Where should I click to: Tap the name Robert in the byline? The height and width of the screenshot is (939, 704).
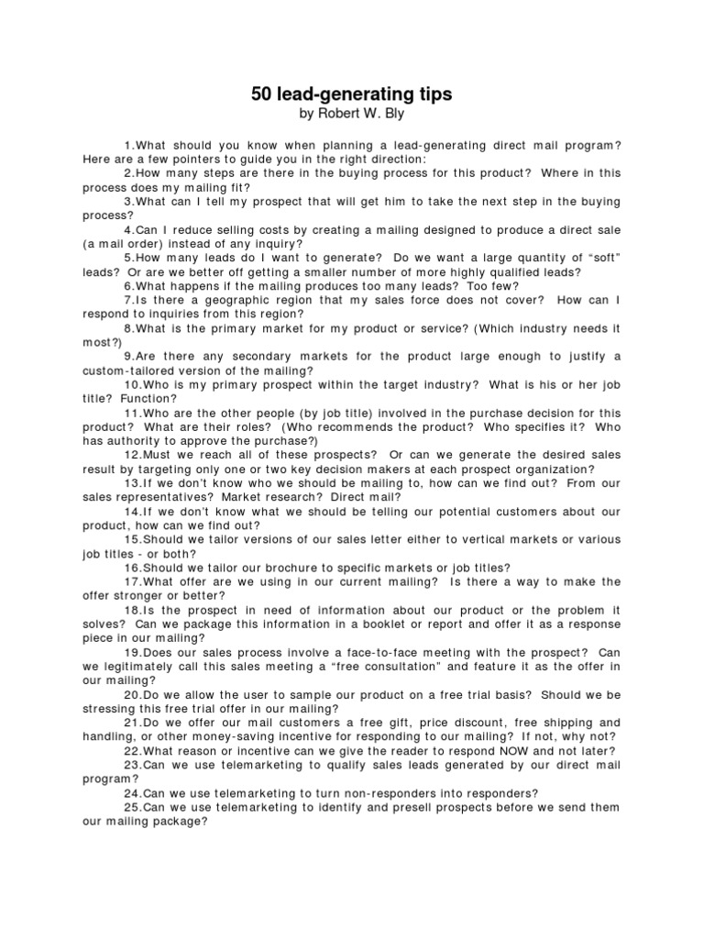[x=335, y=115]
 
